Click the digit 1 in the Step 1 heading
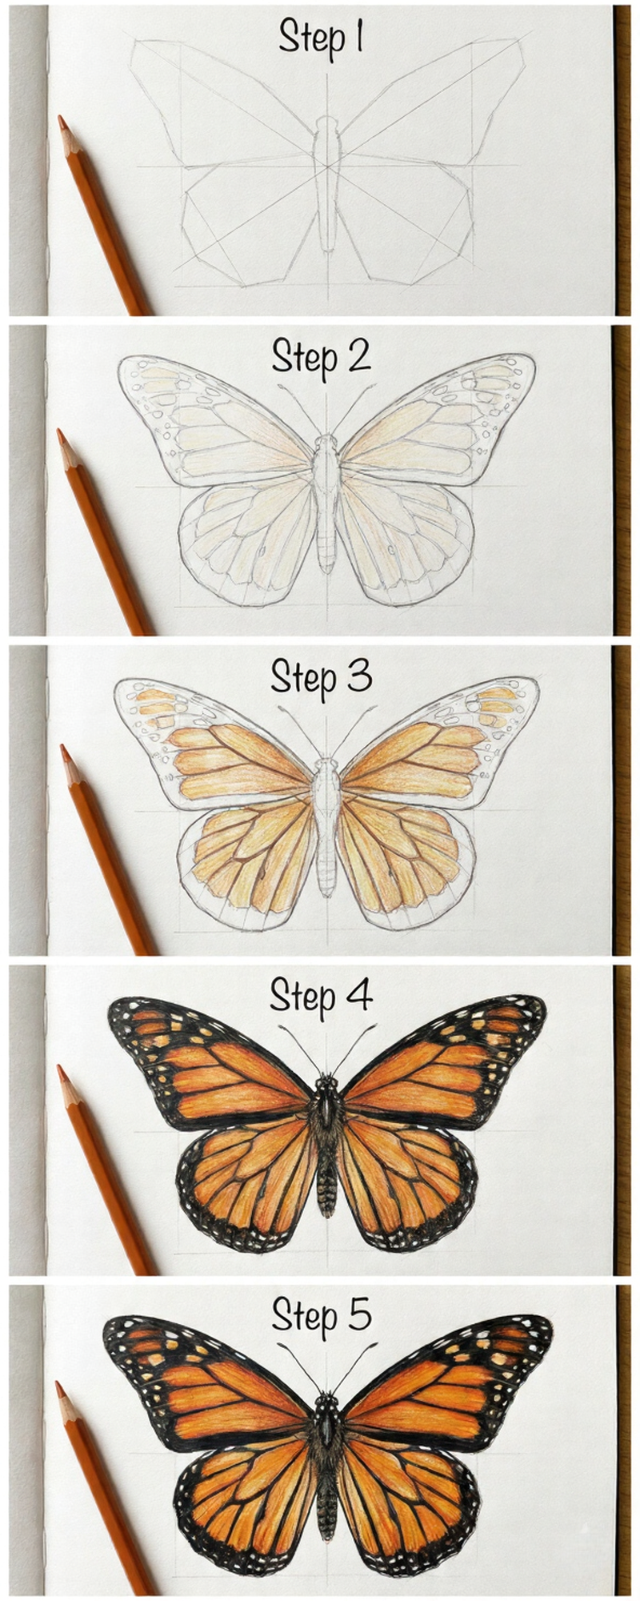(358, 37)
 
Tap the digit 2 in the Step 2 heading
(358, 355)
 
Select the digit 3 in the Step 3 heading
(359, 676)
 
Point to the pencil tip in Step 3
(63, 750)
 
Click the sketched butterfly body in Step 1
(327, 184)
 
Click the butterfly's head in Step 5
(326, 1401)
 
